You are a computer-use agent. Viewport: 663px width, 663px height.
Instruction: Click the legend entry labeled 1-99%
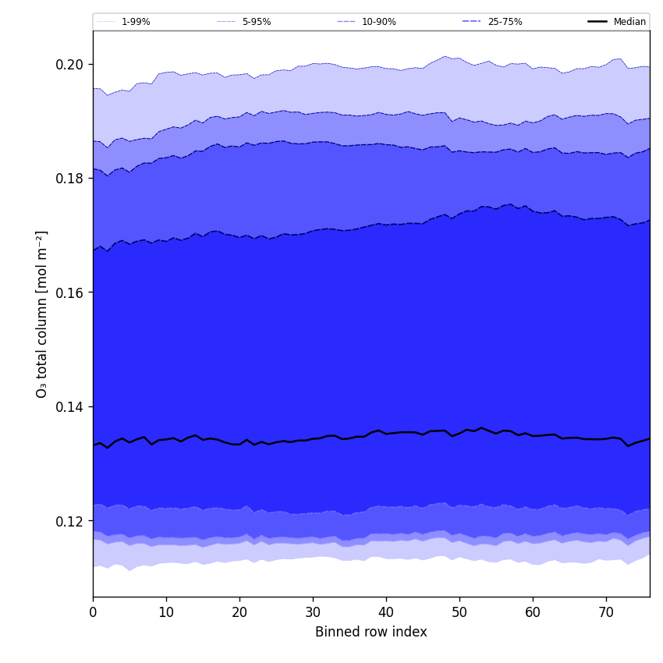[136, 22]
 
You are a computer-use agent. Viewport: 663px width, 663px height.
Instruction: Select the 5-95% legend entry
[256, 22]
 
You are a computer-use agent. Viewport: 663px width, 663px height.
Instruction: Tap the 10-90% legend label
[378, 22]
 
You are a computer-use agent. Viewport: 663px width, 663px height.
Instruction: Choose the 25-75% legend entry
[505, 22]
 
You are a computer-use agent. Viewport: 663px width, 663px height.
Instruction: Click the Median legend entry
[629, 22]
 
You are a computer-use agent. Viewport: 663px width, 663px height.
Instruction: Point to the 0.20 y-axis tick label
[69, 64]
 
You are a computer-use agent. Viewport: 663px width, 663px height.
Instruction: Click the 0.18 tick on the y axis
[69, 178]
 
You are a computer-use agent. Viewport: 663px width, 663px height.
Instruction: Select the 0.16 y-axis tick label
[69, 292]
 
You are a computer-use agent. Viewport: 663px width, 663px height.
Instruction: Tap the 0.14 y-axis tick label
[69, 406]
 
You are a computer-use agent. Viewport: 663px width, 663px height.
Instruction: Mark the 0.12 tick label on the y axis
[69, 521]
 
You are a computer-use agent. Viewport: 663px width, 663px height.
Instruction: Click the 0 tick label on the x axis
[93, 613]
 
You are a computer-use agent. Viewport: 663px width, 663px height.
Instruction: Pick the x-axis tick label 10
[166, 613]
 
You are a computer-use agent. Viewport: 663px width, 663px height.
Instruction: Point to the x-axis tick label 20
[239, 613]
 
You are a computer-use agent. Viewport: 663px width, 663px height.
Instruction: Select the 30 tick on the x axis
[313, 613]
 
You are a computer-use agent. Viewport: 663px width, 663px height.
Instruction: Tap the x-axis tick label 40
[386, 613]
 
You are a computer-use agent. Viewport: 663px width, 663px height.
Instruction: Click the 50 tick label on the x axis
[459, 613]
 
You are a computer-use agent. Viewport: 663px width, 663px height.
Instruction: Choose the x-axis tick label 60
[533, 613]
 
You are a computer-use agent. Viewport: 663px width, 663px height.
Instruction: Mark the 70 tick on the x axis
[606, 613]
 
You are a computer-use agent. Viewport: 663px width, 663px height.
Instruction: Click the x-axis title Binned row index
[371, 633]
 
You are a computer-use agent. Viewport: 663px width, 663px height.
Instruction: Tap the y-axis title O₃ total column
[42, 314]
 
